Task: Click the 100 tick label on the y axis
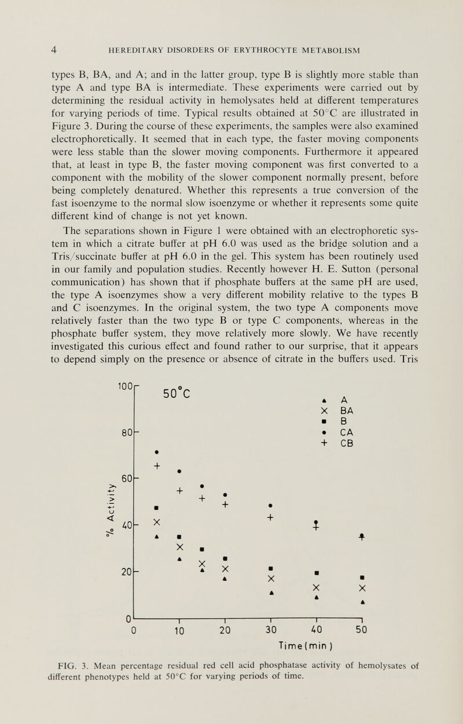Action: (124, 385)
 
